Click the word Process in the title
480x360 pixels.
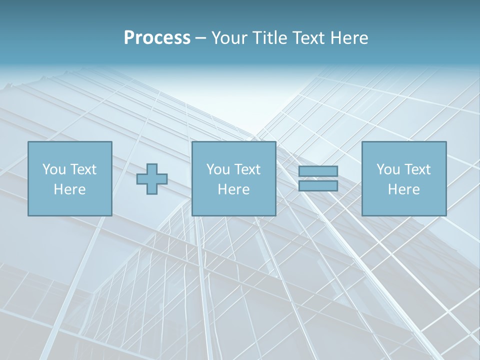(x=157, y=38)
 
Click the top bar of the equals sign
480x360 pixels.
(x=318, y=171)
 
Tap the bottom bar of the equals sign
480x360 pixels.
(x=318, y=186)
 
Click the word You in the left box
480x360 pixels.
(x=54, y=169)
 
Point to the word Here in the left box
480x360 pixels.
(x=69, y=189)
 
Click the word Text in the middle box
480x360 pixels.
(x=248, y=169)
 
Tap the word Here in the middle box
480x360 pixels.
(x=233, y=189)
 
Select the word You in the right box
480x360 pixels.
(x=388, y=169)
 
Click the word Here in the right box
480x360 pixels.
(x=403, y=189)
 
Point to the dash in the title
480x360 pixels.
(x=200, y=38)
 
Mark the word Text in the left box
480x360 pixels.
(x=84, y=169)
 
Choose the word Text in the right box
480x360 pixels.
(x=418, y=169)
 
